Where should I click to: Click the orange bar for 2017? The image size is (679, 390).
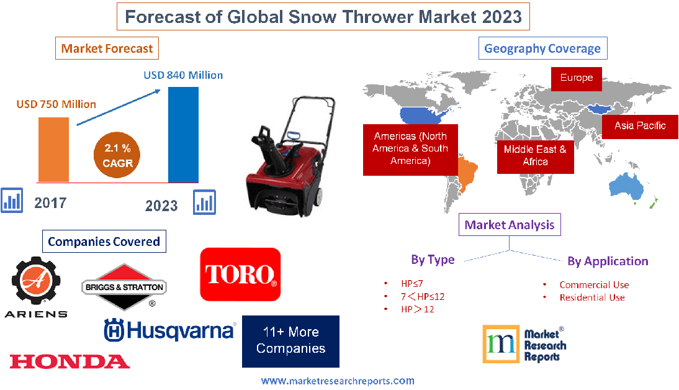(53, 149)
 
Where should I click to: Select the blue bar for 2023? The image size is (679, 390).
(184, 134)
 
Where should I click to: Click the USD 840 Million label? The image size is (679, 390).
(183, 75)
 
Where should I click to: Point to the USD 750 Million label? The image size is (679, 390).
(56, 104)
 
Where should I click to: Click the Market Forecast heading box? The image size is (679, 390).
(107, 48)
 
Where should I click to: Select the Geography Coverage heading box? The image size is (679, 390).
(542, 48)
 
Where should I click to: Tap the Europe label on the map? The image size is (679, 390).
(576, 78)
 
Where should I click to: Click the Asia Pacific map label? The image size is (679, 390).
(640, 125)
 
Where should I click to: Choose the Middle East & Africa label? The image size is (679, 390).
(534, 155)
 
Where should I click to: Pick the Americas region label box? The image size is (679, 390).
(410, 148)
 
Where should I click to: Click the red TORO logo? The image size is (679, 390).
(240, 274)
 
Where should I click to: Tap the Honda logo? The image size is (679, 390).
(70, 361)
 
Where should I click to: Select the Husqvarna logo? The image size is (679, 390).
(169, 329)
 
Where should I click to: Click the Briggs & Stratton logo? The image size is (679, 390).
(124, 287)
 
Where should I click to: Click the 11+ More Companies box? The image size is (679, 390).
(290, 341)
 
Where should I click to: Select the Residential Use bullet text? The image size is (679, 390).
(591, 297)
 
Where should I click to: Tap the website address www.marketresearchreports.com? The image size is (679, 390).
(338, 381)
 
